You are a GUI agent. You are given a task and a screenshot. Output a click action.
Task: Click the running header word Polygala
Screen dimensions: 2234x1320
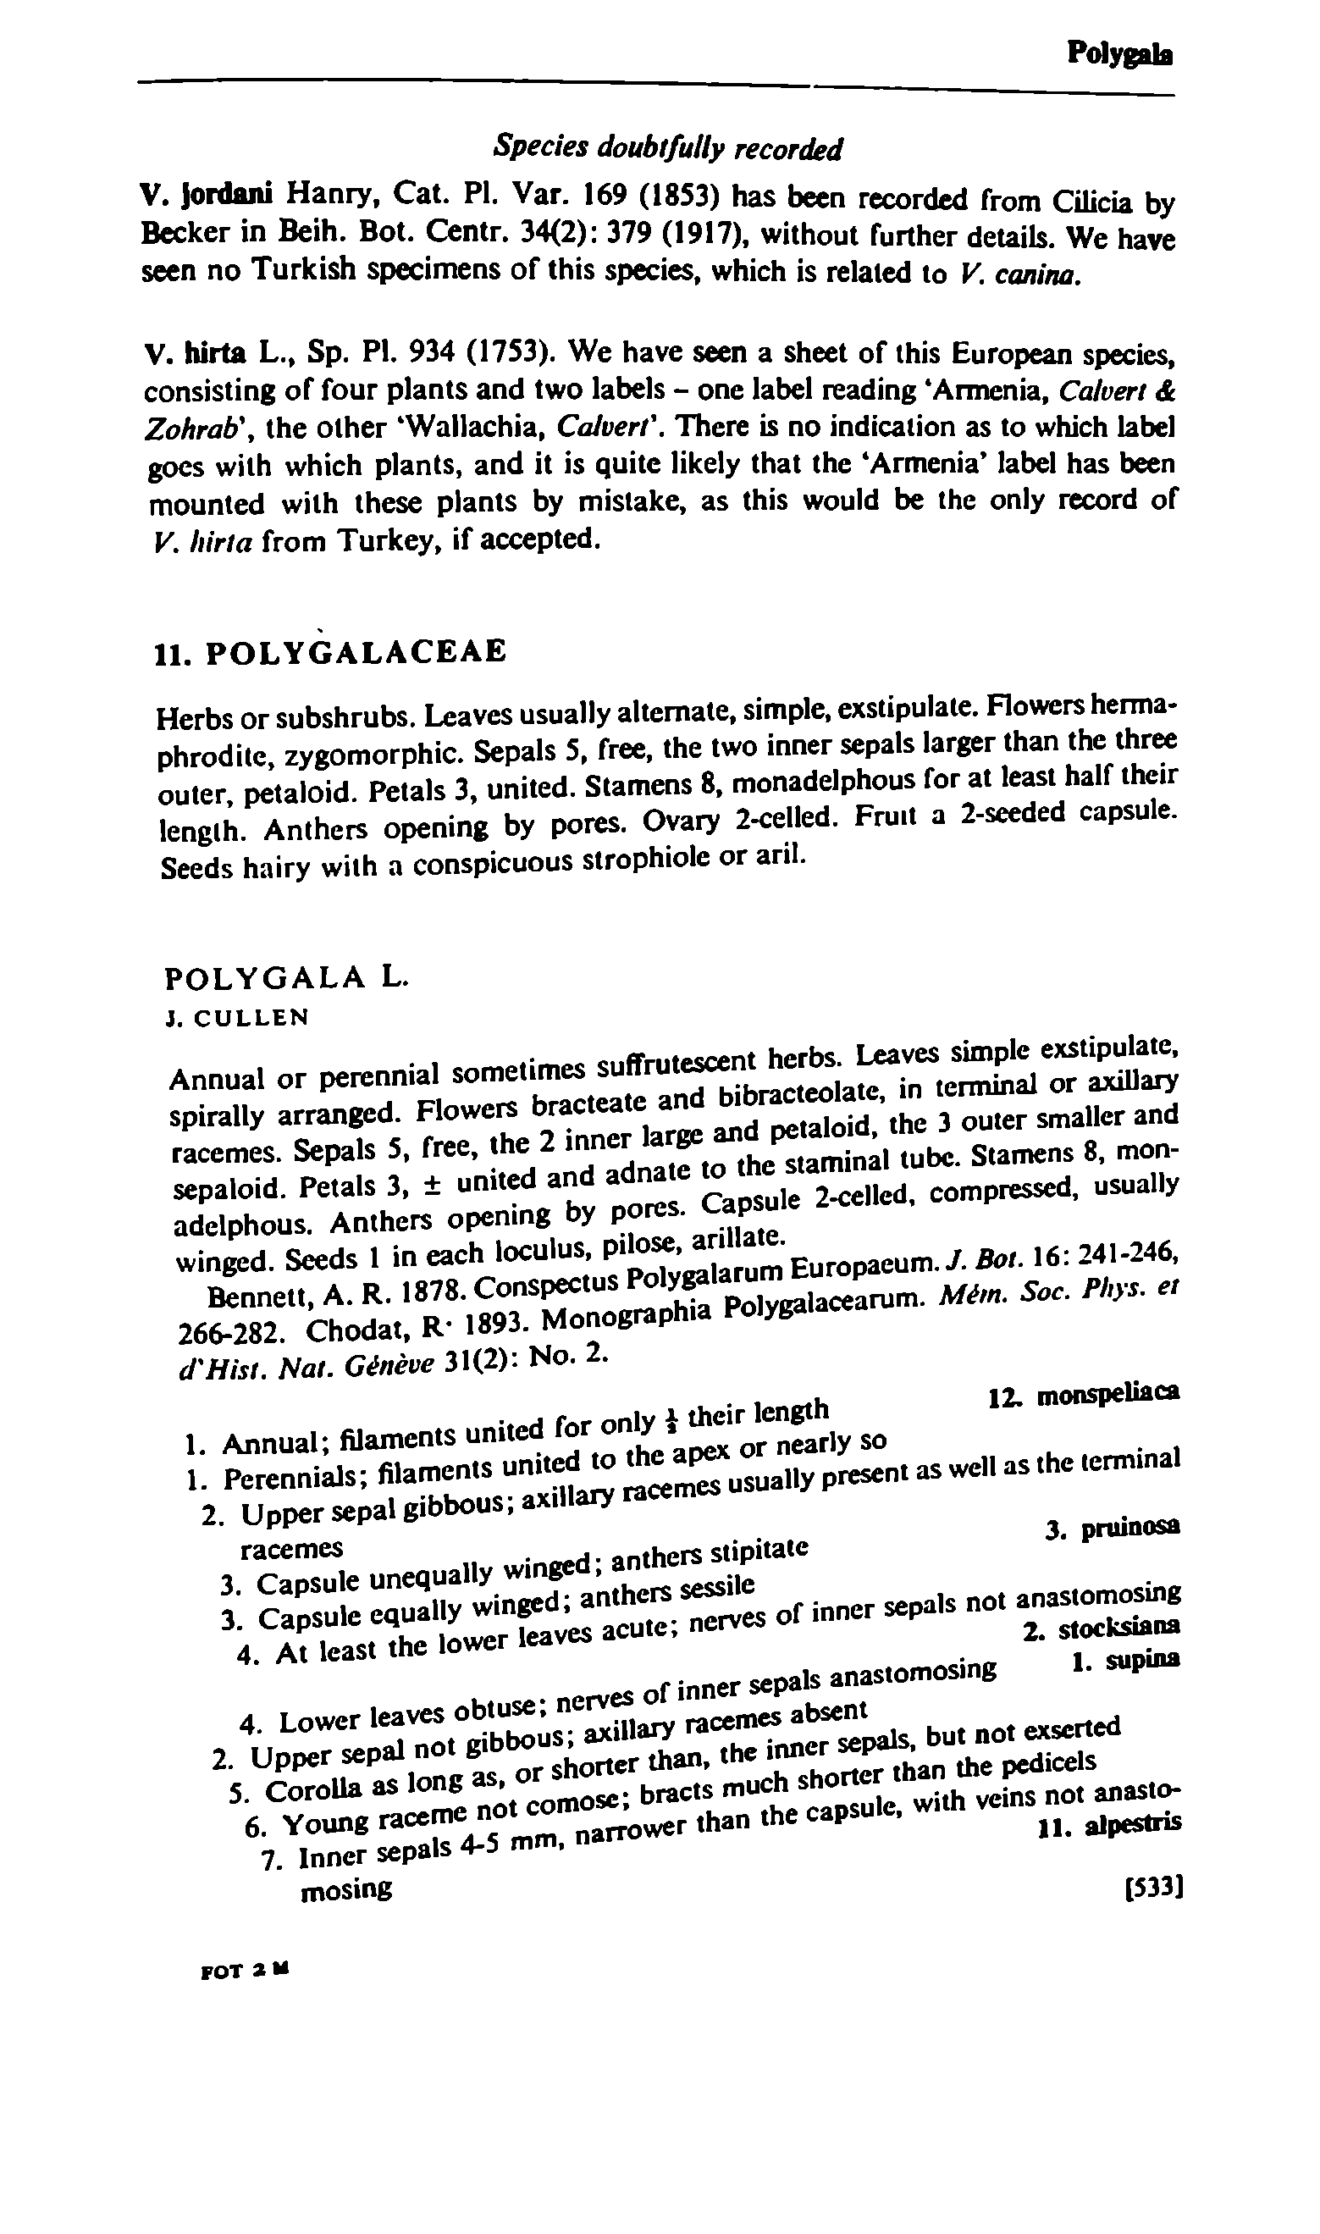(x=1119, y=55)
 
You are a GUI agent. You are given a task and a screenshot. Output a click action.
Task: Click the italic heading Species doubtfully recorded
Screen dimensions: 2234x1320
(x=667, y=147)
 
